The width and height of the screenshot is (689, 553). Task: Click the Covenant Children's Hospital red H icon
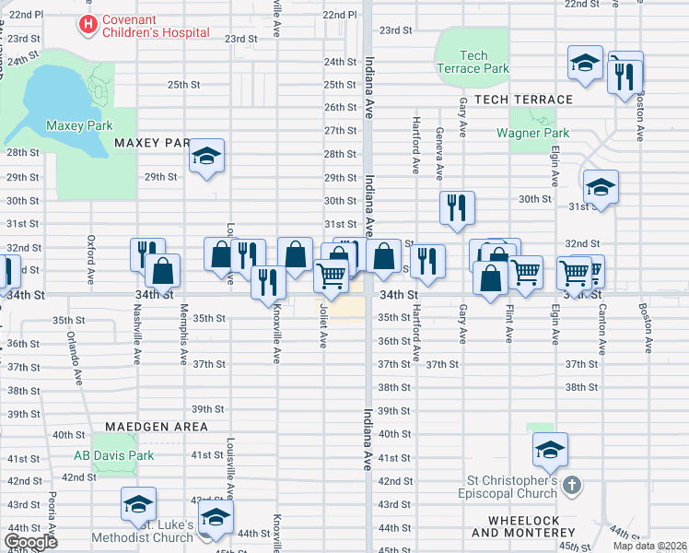88,25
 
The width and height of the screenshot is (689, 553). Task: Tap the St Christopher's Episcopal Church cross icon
571,485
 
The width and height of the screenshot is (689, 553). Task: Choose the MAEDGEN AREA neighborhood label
156,427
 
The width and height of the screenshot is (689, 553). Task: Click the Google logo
30,542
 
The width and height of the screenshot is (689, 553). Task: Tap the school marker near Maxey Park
207,156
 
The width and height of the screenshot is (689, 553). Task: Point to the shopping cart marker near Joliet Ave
331,274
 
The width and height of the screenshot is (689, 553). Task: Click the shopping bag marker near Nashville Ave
162,271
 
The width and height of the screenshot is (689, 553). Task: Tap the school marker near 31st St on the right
601,187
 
